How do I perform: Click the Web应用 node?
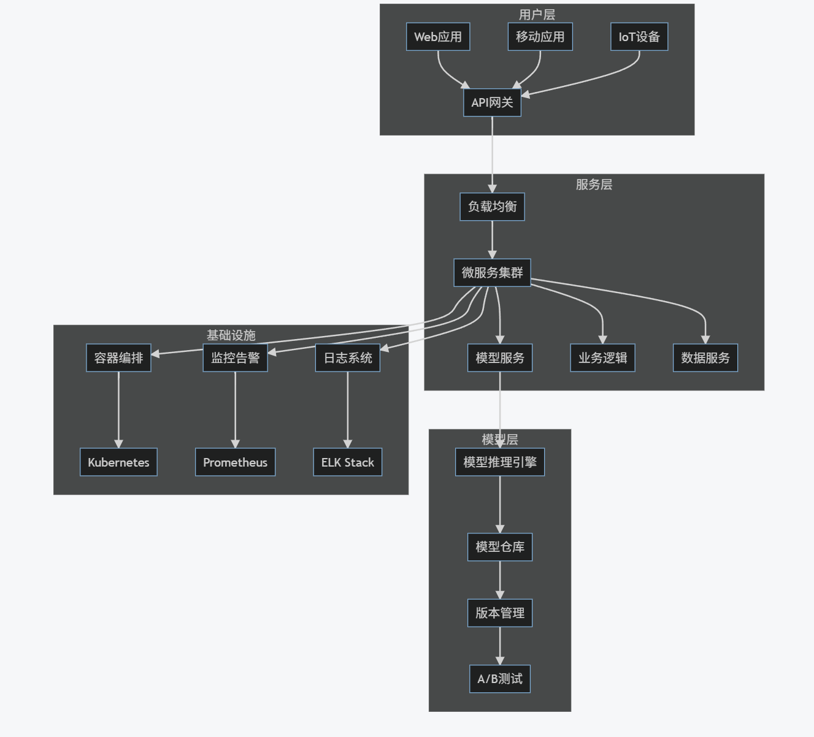[x=438, y=37]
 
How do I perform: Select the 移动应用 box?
[x=540, y=37]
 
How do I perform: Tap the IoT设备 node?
[x=639, y=37]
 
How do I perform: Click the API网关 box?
[x=492, y=102]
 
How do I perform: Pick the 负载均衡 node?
[x=492, y=207]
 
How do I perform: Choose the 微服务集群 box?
[x=492, y=273]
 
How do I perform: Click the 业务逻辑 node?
[x=602, y=358]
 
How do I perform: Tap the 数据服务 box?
[x=705, y=358]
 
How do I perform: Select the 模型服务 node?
[x=500, y=358]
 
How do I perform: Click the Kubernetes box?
[x=118, y=462]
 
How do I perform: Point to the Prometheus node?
[x=235, y=462]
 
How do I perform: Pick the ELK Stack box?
[x=347, y=462]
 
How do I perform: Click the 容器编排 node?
[x=118, y=358]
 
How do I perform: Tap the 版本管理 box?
[x=500, y=613]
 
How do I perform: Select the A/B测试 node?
[x=500, y=679]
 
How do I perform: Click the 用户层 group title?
[x=537, y=15]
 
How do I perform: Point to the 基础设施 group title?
[x=231, y=335]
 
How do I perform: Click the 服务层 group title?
[x=594, y=185]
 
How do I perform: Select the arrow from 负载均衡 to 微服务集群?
[x=492, y=239]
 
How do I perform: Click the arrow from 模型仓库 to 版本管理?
[x=500, y=579]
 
